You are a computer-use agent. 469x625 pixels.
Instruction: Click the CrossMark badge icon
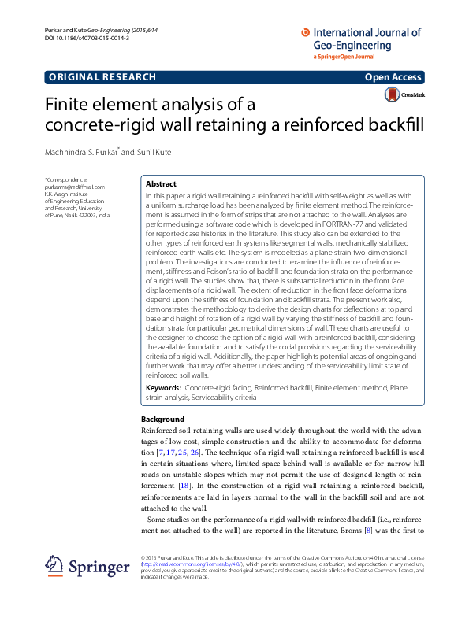click(x=392, y=94)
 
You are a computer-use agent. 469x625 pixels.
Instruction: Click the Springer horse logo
click(x=54, y=565)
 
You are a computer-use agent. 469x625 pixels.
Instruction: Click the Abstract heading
click(x=162, y=183)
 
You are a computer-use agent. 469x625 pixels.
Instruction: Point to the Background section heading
click(x=162, y=420)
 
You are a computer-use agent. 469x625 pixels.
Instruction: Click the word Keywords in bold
click(x=163, y=389)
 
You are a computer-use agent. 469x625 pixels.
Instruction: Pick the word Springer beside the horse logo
click(x=98, y=566)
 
